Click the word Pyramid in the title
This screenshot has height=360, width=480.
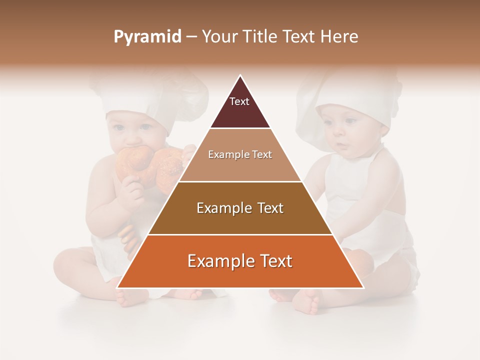(x=147, y=37)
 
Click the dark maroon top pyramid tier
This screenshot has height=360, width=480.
(x=240, y=112)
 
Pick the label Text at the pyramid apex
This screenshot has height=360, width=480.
(x=239, y=101)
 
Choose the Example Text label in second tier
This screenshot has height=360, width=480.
(x=240, y=154)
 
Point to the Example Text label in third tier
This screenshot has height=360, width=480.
(x=240, y=208)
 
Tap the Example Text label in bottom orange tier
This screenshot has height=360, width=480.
(x=240, y=261)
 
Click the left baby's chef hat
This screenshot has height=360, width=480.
(x=150, y=97)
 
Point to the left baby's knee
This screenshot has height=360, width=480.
(x=70, y=260)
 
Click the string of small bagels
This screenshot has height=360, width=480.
(x=127, y=237)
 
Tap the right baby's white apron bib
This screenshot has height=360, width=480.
(x=350, y=180)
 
